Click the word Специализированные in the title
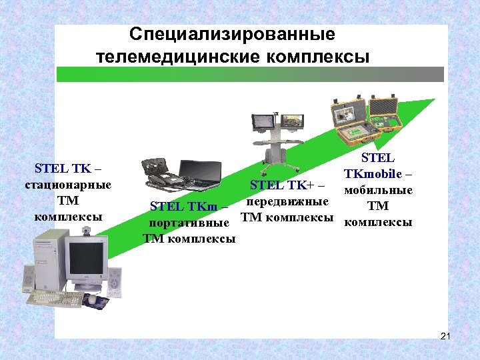tap(232, 35)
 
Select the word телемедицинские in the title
tap(172, 57)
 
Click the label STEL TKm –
tap(190, 207)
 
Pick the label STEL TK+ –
tap(287, 185)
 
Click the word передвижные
tap(287, 201)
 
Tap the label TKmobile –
tap(378, 175)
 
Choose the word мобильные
tap(378, 191)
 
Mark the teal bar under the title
tap(250, 74)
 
